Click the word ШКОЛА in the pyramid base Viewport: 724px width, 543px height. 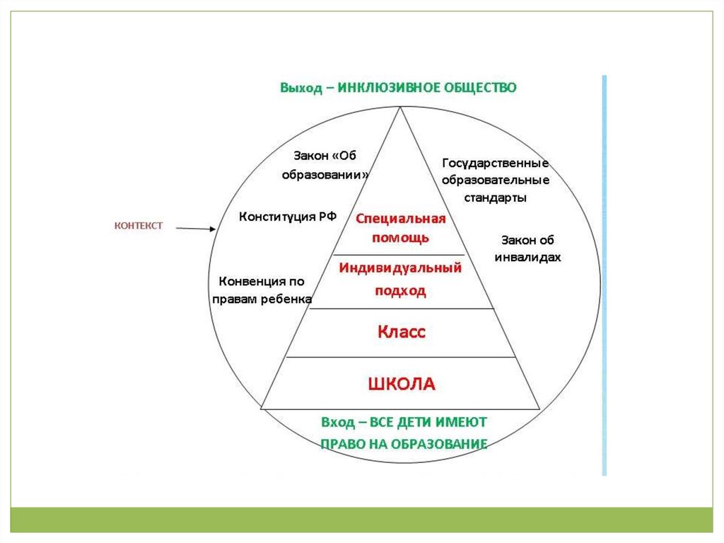coord(401,384)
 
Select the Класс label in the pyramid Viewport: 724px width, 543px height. coord(401,331)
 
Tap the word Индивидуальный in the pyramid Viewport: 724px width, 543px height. coord(400,269)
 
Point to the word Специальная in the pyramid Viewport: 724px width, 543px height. coord(400,218)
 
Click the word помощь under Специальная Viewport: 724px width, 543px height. coord(401,238)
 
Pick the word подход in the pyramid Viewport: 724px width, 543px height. coord(401,290)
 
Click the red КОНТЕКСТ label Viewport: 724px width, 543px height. coord(139,226)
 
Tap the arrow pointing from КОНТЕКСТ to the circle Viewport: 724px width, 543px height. coord(195,229)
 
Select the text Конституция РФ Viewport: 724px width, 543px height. coord(288,217)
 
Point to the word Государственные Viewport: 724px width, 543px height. coord(495,164)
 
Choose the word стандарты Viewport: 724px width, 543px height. coord(495,198)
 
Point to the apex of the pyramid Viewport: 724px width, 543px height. coord(401,108)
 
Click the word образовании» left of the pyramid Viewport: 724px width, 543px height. coord(325,174)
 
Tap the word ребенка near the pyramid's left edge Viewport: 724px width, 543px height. coord(287,299)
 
